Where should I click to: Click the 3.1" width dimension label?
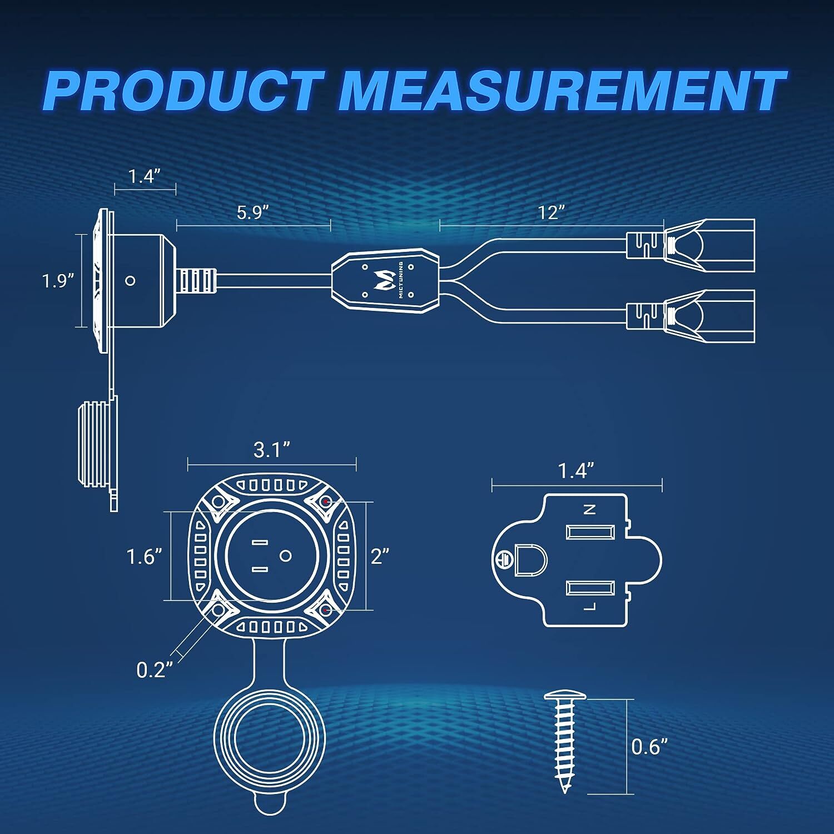click(272, 449)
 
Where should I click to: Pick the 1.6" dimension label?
click(144, 556)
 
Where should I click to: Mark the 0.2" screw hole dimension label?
click(152, 669)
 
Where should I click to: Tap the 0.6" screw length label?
click(649, 746)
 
